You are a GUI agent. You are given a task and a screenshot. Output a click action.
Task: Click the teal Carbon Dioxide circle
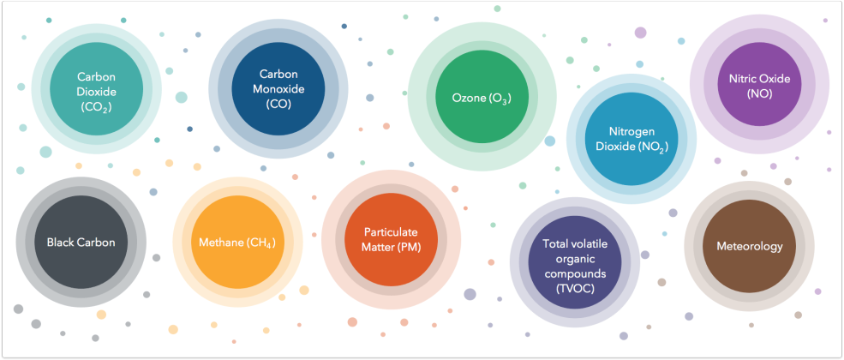tap(97, 89)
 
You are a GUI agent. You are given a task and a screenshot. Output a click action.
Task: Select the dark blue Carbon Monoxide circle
tap(278, 89)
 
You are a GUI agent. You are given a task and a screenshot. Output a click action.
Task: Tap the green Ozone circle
tap(482, 98)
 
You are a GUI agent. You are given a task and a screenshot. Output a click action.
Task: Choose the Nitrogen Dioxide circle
tap(632, 139)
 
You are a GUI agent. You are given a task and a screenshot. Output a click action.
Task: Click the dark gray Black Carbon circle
tap(81, 243)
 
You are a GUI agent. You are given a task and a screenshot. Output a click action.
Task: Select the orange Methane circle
tap(238, 243)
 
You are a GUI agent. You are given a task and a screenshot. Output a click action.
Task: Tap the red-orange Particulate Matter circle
tap(392, 239)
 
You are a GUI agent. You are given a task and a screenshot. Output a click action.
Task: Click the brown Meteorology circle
tap(749, 246)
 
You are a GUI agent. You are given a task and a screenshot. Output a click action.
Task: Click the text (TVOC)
tap(575, 289)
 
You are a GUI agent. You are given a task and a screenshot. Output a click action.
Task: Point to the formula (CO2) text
tap(97, 107)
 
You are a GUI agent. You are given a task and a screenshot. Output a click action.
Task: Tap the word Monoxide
tap(278, 89)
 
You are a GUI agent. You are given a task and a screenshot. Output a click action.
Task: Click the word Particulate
tap(392, 232)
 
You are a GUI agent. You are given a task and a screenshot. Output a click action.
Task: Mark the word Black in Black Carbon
tap(59, 243)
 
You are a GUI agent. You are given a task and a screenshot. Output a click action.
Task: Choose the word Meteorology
tap(749, 247)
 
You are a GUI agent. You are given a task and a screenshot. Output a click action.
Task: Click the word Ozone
tap(465, 99)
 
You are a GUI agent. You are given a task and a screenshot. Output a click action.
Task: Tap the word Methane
tap(221, 243)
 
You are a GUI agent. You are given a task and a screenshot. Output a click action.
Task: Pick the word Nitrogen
tap(632, 132)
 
